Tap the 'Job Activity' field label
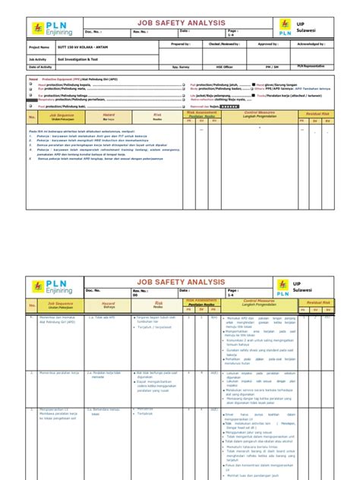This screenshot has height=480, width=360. [37, 58]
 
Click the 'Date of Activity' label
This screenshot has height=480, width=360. [41, 67]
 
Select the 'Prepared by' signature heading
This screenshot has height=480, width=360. [180, 45]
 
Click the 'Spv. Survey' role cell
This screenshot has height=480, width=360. [180, 67]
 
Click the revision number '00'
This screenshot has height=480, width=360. [135, 296]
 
